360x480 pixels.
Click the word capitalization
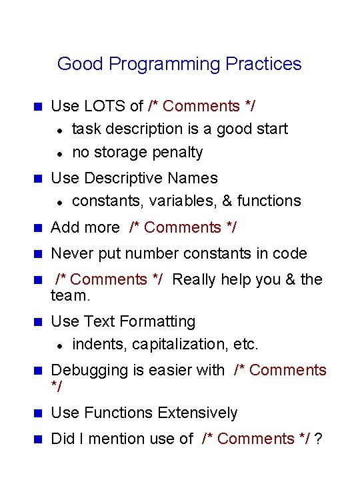click(180, 345)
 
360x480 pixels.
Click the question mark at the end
click(319, 439)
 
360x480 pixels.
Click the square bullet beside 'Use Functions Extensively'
click(37, 413)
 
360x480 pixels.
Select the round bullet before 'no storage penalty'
click(59, 153)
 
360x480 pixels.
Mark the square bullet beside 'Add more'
click(37, 228)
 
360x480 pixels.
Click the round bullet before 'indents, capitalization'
click(59, 345)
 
